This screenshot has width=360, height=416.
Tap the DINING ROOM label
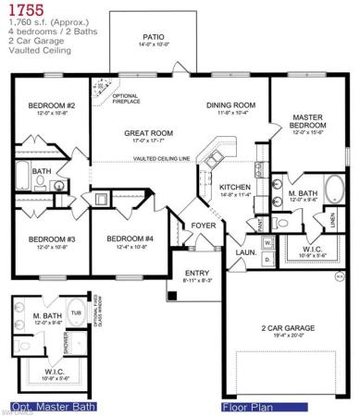(230, 105)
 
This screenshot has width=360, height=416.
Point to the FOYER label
(204, 226)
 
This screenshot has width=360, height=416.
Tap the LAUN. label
(245, 251)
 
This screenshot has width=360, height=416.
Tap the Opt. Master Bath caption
(45, 405)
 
